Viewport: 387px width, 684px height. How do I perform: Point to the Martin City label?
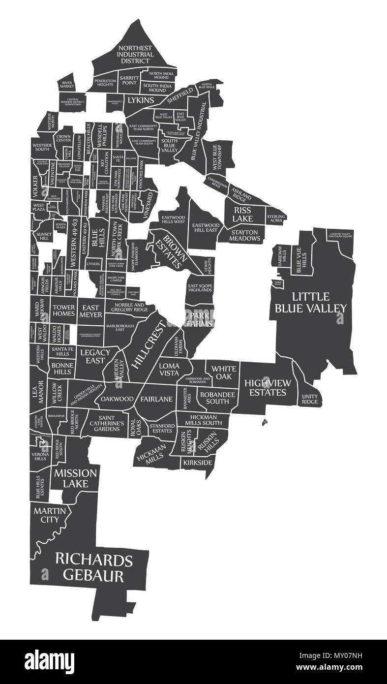(x=50, y=515)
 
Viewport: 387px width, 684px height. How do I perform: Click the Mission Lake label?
(x=75, y=478)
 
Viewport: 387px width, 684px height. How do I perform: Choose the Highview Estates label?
(x=268, y=388)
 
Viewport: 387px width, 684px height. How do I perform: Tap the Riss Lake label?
(x=239, y=214)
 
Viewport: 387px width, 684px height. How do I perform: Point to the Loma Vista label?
(x=169, y=369)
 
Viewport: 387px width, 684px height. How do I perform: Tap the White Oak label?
(x=224, y=372)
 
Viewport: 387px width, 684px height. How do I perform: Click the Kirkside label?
(x=198, y=463)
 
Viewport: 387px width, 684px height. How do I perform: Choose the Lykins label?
(x=141, y=100)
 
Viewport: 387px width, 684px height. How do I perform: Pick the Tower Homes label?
(x=63, y=311)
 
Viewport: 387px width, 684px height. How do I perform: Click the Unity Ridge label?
(x=310, y=399)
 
